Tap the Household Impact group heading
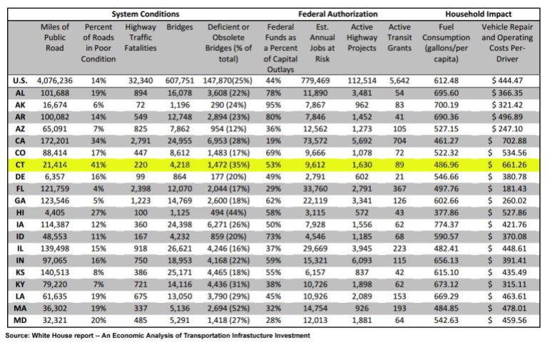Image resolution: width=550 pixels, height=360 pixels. pos(479,14)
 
